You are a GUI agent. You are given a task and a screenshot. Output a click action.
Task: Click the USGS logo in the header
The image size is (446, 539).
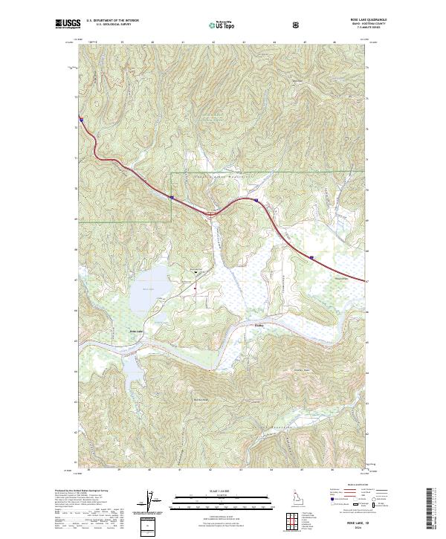tap(68, 25)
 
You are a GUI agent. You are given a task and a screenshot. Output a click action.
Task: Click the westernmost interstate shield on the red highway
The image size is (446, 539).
tap(80, 118)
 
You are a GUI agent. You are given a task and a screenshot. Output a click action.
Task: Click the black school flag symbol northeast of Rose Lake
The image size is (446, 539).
tap(195, 272)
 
